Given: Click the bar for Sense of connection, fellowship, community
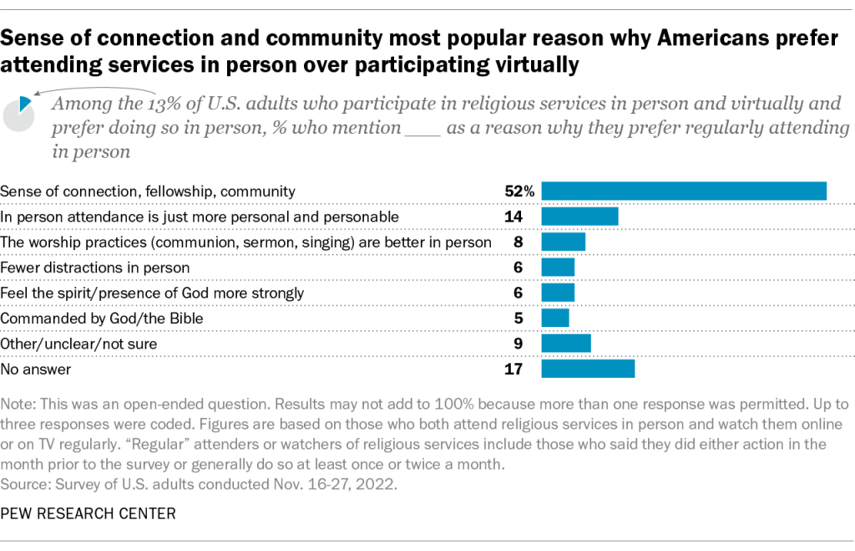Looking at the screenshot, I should pyautogui.click(x=684, y=191).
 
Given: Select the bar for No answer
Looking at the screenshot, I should pyautogui.click(x=588, y=369).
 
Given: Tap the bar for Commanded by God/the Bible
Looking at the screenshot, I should pyautogui.click(x=555, y=318).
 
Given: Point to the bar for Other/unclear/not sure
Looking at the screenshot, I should pyautogui.click(x=566, y=344).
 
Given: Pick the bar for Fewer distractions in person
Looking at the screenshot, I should pyautogui.click(x=558, y=267).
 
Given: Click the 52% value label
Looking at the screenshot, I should pyautogui.click(x=519, y=191).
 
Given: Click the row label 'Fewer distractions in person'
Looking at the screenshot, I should pyautogui.click(x=95, y=268).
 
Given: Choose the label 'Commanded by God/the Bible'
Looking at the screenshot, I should pyautogui.click(x=102, y=319).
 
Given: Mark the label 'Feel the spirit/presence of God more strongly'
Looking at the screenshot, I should pyautogui.click(x=152, y=293).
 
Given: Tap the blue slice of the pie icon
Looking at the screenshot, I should pyautogui.click(x=25, y=102).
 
